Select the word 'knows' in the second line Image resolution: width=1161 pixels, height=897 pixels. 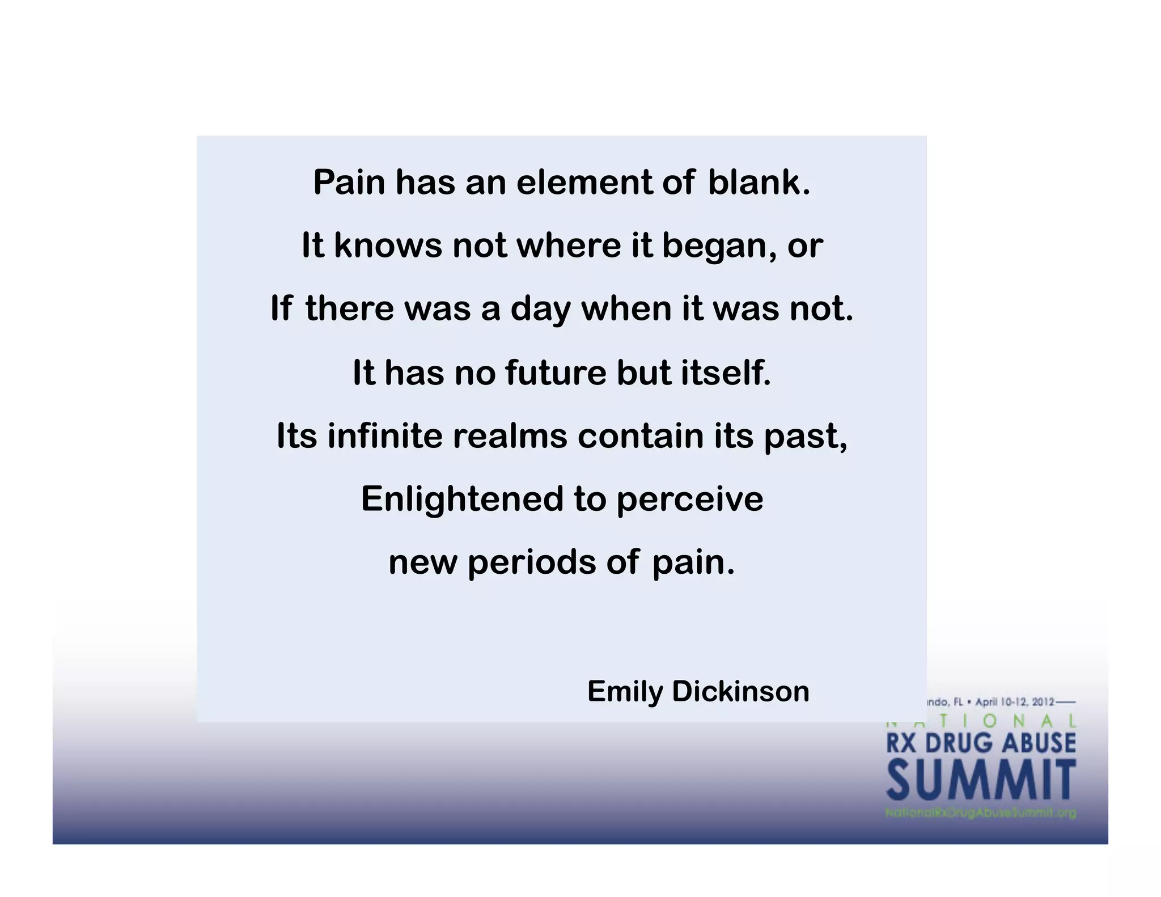coord(388,246)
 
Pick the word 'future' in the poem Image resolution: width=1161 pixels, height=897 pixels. coord(556,373)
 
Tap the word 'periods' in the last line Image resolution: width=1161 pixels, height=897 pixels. coord(532,563)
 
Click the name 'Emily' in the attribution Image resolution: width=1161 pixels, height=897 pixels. coord(625,692)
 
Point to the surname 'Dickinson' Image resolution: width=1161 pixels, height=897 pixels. coord(740,692)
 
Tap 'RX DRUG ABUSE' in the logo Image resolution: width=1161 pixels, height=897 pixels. coord(981,743)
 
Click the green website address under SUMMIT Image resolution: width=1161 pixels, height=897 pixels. coord(981,813)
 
